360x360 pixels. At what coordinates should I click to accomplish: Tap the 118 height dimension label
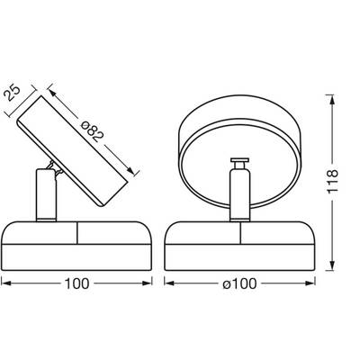pyautogui.click(x=333, y=181)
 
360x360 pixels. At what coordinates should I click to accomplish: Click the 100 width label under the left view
pyautogui.click(x=77, y=283)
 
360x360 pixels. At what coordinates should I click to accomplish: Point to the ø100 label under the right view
pyautogui.click(x=239, y=283)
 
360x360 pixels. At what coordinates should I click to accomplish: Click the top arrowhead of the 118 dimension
pyautogui.click(x=332, y=99)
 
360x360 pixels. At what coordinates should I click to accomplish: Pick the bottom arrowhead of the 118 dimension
pyautogui.click(x=332, y=265)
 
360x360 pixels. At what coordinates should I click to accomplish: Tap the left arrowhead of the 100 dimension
pyautogui.click(x=6, y=283)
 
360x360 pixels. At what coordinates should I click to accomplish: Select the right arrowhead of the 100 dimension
pyautogui.click(x=147, y=283)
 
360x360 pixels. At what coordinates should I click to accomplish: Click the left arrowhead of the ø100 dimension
pyautogui.click(x=169, y=283)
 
